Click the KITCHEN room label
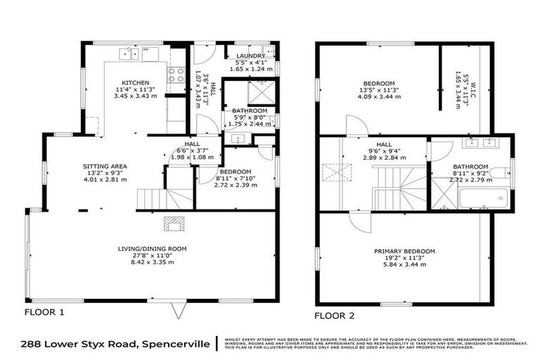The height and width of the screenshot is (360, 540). pos(134,83)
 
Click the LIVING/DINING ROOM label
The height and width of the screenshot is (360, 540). pos(152,247)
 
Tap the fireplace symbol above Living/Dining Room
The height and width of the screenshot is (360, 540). pos(173,224)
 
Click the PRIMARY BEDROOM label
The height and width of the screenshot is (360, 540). pos(404,251)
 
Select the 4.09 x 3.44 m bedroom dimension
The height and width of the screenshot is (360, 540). pos(384,98)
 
